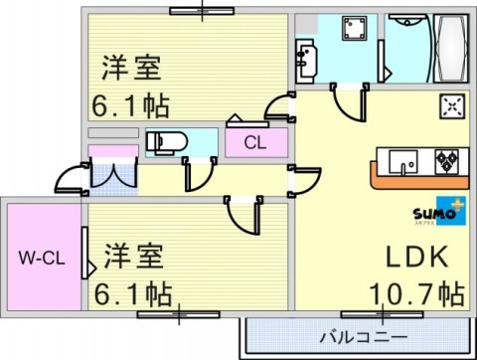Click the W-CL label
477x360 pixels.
point(42,258)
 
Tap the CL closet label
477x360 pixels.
point(255,143)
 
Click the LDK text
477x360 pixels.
point(417,257)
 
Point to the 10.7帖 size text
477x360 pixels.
point(416,293)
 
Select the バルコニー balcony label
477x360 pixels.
point(364,337)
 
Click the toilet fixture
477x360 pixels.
point(167,143)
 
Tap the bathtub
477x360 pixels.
point(450,49)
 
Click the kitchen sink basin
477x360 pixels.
point(402,162)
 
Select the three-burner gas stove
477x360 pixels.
point(447,161)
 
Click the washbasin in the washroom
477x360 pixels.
point(306,61)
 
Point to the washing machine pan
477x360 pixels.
point(355,28)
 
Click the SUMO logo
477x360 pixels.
point(439,212)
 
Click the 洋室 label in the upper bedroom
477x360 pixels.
point(131,68)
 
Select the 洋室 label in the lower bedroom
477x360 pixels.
point(134,257)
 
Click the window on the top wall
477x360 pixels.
point(202,11)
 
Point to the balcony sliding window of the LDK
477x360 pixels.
point(382,314)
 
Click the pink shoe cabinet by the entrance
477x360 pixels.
point(113,151)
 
